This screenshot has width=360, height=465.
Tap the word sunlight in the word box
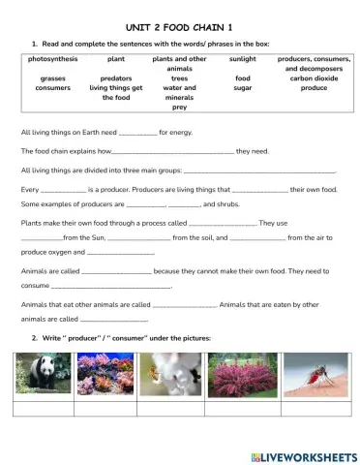[x=242, y=59]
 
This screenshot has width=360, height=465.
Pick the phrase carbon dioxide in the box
[x=307, y=78]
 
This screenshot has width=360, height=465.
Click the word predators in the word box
[x=116, y=78]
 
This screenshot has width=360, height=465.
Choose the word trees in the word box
[x=179, y=78]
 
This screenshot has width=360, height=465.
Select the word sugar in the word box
[x=242, y=88]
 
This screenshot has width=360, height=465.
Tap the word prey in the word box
[x=179, y=108]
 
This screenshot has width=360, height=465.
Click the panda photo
[x=42, y=375]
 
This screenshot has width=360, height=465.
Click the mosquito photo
[x=312, y=375]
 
